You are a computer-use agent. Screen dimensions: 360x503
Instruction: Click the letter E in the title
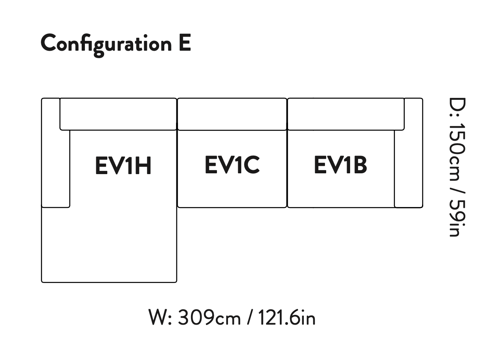click(x=184, y=43)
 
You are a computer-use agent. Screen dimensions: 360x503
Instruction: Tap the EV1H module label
click(x=123, y=165)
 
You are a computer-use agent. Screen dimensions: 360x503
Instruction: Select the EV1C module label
click(x=232, y=165)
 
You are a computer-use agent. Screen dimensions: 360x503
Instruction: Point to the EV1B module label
click(x=340, y=165)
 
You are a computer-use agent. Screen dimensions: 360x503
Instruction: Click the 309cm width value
click(x=209, y=318)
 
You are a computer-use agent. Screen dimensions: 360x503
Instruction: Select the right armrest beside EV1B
click(x=409, y=169)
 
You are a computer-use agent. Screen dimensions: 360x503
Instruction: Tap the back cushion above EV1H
click(x=118, y=114)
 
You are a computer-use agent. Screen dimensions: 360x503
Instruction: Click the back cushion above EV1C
click(x=232, y=114)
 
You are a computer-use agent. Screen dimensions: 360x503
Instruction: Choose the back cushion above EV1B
click(x=346, y=114)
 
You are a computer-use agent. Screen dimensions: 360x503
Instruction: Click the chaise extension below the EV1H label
click(x=109, y=244)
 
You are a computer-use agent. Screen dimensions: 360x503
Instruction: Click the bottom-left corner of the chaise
click(x=42, y=281)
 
